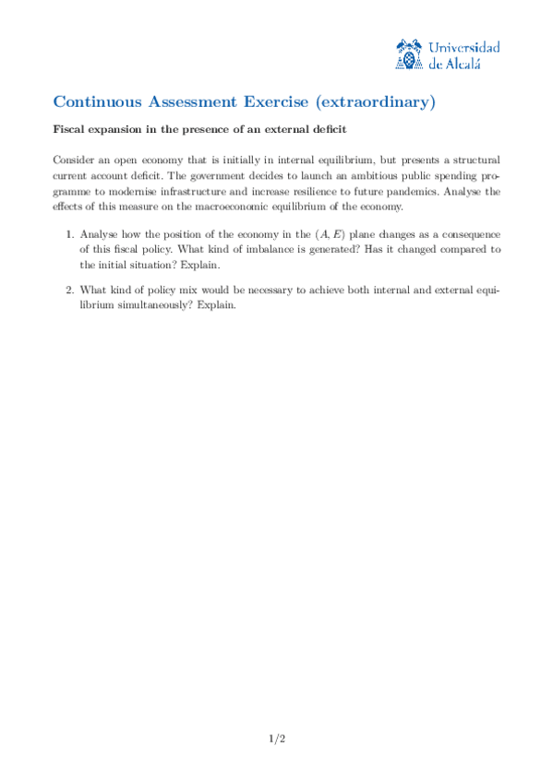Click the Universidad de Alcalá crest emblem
409,55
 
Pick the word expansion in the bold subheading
114,129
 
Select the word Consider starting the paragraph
74,160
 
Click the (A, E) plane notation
335,233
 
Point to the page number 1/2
276,739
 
